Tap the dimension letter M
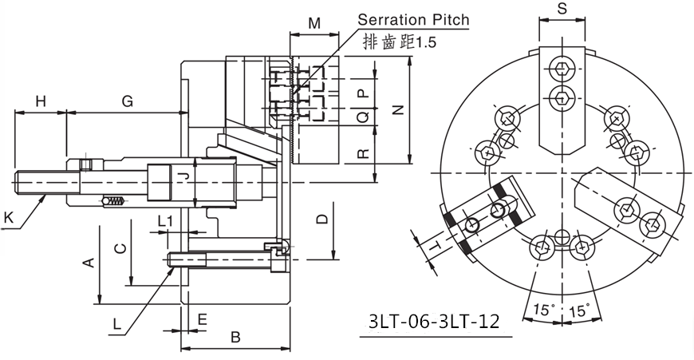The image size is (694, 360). (314, 23)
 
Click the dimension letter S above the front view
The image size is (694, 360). (562, 10)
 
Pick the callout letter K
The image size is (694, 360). (8, 216)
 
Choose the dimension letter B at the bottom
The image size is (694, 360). (235, 338)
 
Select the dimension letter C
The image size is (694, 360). (119, 248)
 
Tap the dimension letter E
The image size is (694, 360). (202, 319)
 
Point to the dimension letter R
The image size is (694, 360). (363, 152)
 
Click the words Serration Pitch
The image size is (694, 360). (413, 19)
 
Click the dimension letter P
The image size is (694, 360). (363, 93)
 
